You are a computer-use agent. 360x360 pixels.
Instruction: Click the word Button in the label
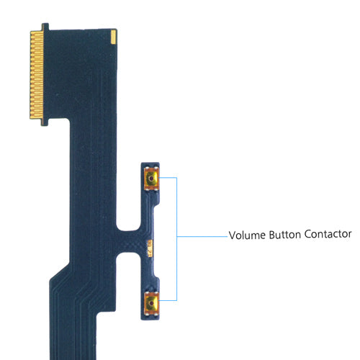click(287, 235)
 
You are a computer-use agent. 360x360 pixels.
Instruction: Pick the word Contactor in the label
click(329, 235)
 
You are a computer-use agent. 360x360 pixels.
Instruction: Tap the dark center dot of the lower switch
click(151, 304)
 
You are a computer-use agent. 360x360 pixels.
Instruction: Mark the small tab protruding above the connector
click(45, 26)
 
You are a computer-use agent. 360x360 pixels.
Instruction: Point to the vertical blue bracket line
click(176, 238)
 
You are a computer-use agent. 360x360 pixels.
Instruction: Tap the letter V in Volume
click(232, 235)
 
